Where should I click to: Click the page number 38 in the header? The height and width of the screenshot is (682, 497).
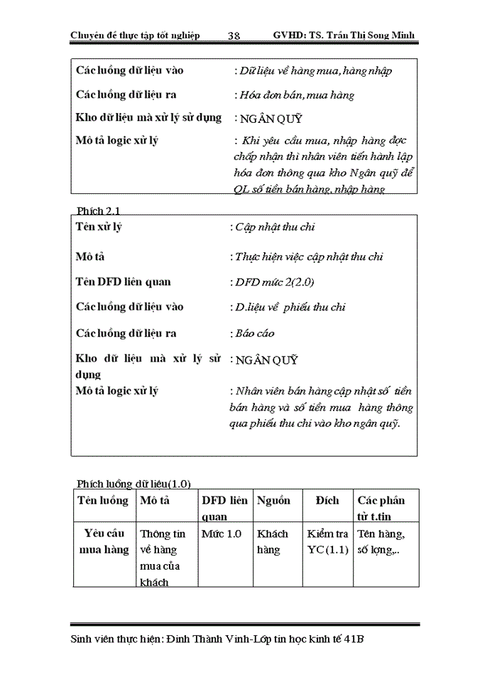point(234,36)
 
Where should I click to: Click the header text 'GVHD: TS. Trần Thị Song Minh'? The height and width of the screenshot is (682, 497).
point(344,36)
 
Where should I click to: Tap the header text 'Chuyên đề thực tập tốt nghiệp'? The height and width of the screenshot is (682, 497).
point(136,36)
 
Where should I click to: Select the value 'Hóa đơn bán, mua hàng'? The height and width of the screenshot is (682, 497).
point(295,94)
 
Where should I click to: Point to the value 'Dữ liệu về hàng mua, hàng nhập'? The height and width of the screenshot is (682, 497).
point(315,70)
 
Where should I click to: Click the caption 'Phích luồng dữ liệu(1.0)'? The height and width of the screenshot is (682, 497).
point(133,483)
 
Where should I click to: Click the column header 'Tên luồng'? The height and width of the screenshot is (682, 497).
point(104,500)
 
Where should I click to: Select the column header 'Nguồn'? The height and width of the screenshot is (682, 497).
point(273,500)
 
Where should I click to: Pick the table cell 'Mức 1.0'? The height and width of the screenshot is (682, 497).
point(222,533)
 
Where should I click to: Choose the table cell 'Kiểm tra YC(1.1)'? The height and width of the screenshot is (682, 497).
point(327,541)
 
